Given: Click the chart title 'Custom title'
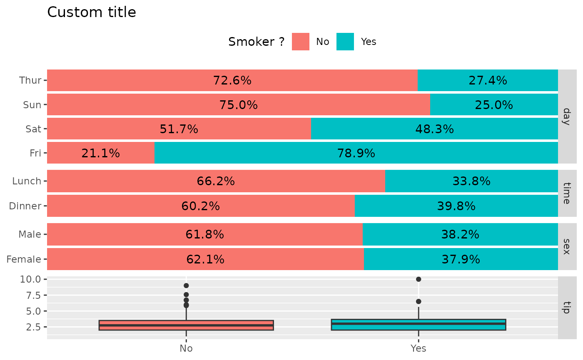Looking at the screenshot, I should point(92,12).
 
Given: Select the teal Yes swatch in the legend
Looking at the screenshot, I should point(345,42).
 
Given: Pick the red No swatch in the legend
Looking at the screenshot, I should point(300,42).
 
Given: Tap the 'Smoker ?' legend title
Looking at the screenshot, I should point(257,42).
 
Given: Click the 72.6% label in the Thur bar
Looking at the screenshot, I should point(232,80).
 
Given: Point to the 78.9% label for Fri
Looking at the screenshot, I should point(356,154).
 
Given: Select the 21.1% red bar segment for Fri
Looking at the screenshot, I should point(101,153).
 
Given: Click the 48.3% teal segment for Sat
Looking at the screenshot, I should point(434,129).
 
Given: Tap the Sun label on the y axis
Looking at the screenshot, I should point(32,105).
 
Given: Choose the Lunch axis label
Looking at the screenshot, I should point(27,181).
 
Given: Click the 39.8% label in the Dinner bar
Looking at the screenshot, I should point(456,206).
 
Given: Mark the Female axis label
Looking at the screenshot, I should point(24,260).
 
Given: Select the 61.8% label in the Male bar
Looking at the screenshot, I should point(204,235).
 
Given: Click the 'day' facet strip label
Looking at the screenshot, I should point(566,116).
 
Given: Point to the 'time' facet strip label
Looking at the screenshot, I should point(566,193).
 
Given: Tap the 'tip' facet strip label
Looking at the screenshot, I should point(566,307).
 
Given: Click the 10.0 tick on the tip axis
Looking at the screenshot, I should point(30,279).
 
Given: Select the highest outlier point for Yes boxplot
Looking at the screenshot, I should point(419,279).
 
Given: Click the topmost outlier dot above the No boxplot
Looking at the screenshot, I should point(186,286).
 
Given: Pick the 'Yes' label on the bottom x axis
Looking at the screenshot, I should point(419,349).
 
